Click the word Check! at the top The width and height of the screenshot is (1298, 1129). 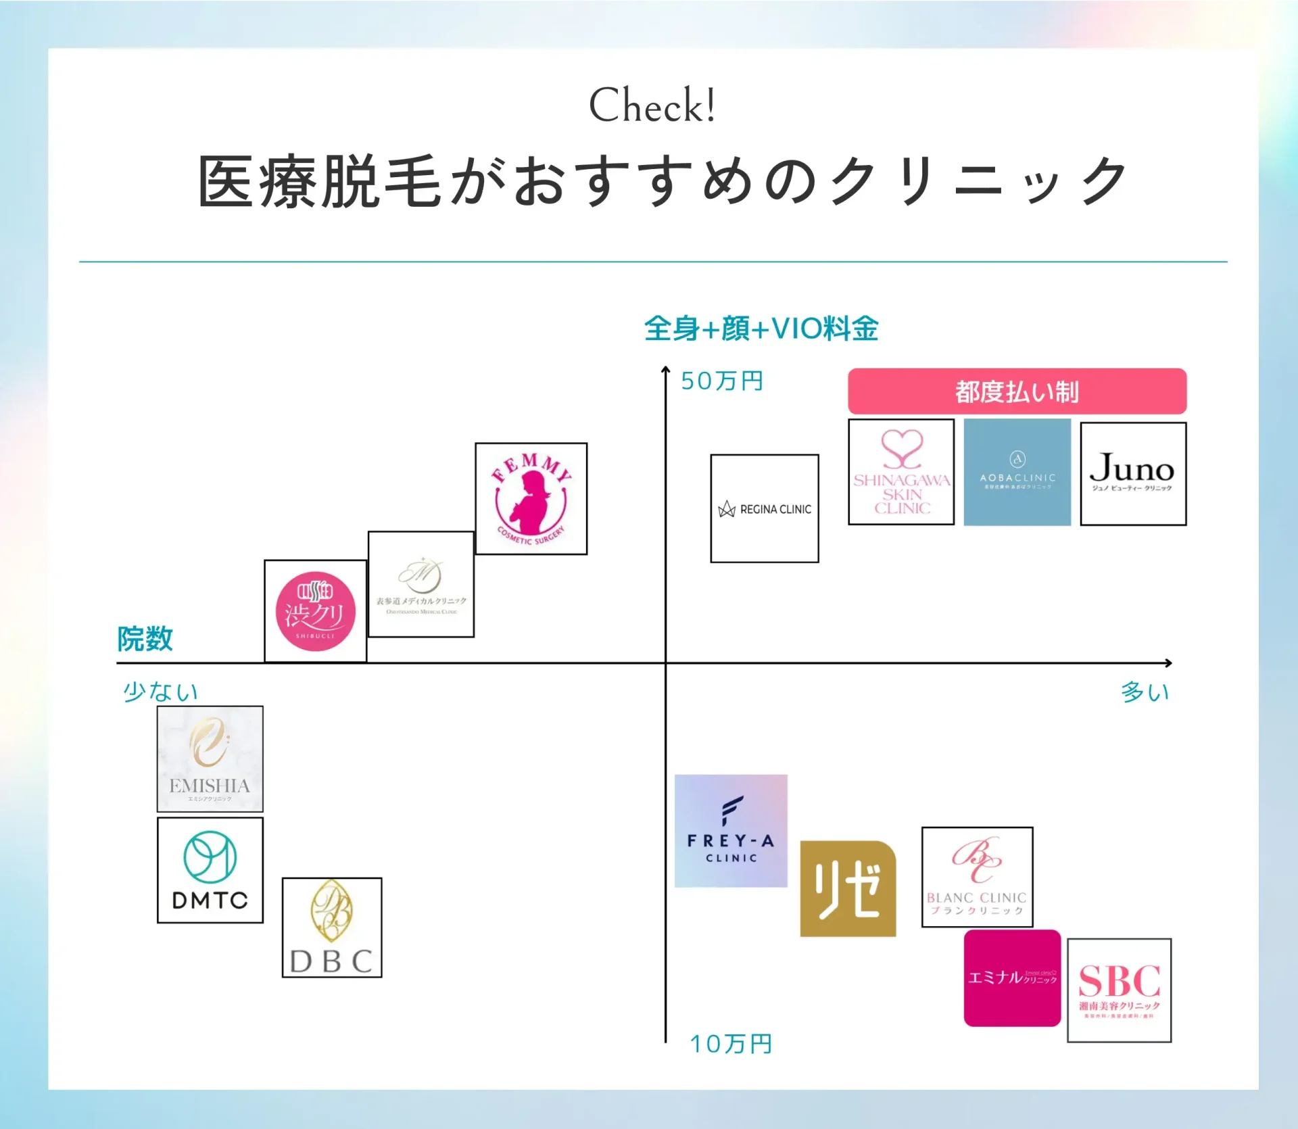[652, 105]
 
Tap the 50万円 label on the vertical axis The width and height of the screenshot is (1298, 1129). [721, 381]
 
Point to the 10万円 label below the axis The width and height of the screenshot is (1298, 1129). [730, 1044]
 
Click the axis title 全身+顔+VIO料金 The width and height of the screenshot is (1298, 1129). [761, 329]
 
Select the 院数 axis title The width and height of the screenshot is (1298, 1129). [145, 638]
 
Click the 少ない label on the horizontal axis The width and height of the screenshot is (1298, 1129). [160, 692]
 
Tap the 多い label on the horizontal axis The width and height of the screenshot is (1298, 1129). [1145, 692]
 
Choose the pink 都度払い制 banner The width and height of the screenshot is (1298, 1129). [1017, 391]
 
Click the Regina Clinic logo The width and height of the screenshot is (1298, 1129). [765, 508]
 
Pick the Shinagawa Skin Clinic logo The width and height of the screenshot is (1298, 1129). [901, 472]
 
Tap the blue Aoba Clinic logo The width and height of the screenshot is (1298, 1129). [1017, 472]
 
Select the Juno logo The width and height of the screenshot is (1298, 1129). [1133, 473]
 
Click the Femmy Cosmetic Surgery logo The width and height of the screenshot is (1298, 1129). [531, 499]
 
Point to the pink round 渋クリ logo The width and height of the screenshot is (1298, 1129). [315, 611]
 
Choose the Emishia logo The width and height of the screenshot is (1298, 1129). [210, 759]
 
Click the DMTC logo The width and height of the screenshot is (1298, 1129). [210, 870]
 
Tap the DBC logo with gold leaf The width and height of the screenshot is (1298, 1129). [331, 928]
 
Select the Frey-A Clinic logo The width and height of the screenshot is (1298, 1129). [731, 831]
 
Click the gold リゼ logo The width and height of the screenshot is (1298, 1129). [848, 889]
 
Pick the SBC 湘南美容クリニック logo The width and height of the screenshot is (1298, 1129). [1119, 990]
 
